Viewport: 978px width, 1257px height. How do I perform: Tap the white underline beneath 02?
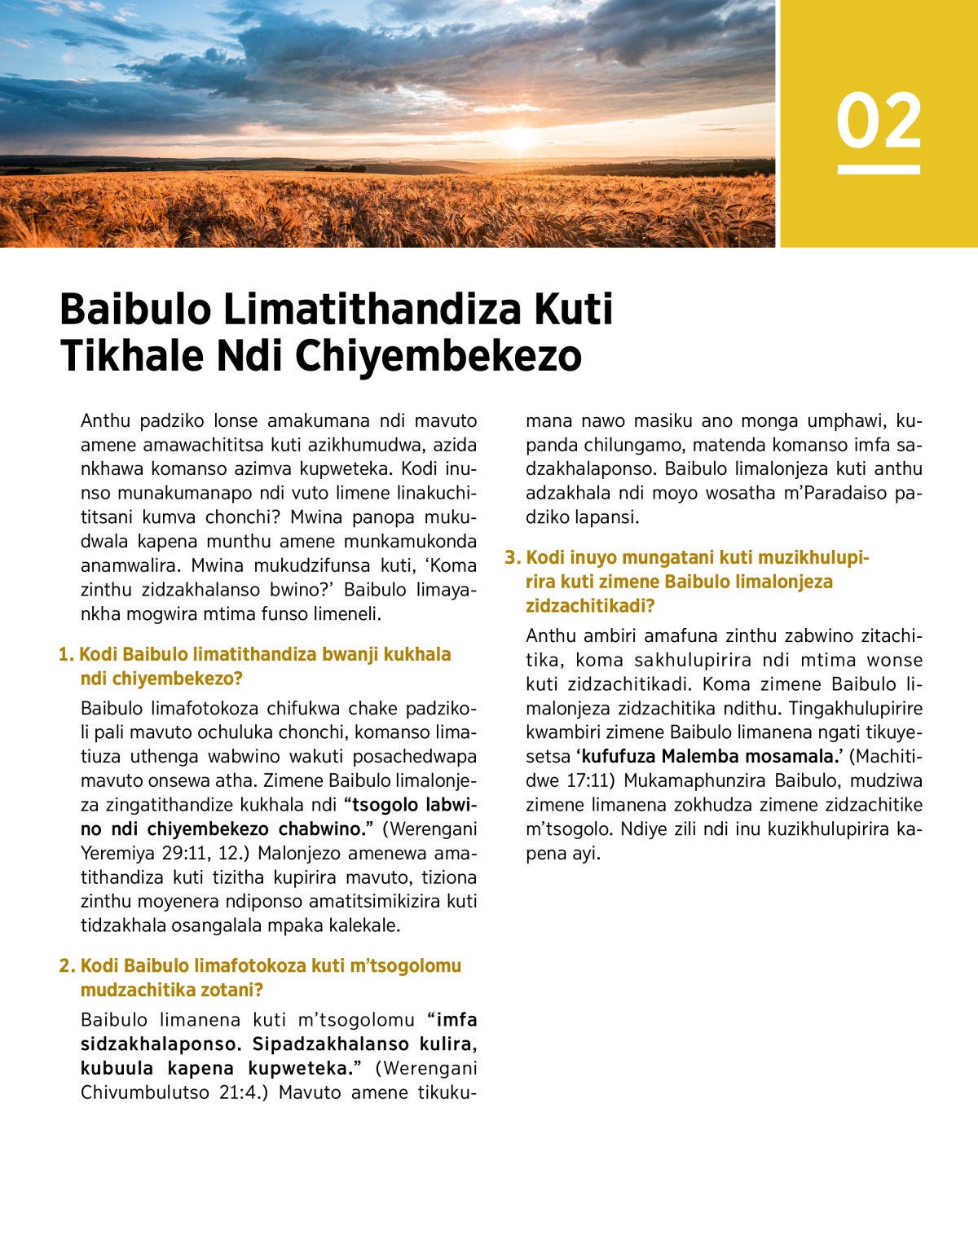[x=879, y=169]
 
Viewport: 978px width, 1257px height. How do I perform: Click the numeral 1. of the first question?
[x=66, y=655]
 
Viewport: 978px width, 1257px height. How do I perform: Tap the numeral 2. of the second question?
[x=67, y=966]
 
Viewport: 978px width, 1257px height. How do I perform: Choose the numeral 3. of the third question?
[x=512, y=558]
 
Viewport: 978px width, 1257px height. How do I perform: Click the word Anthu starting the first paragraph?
[x=105, y=421]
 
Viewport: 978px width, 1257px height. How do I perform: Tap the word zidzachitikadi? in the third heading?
[x=590, y=606]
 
